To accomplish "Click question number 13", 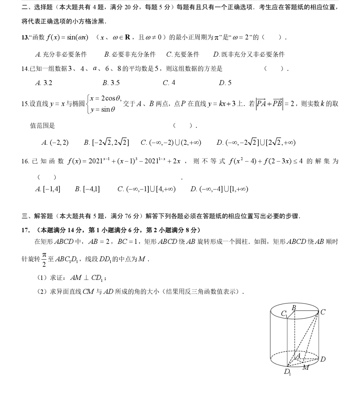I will click(25, 37).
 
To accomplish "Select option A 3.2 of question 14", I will click(44, 83).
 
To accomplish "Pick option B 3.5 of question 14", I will click(111, 83).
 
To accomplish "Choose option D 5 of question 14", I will click(225, 83).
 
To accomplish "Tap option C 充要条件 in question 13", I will click(183, 54).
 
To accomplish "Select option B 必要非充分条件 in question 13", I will click(130, 54).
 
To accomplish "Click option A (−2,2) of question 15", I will click(55, 143).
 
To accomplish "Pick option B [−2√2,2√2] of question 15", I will click(106, 143).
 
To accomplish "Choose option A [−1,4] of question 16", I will click(48, 189).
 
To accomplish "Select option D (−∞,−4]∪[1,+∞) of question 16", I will click(219, 189).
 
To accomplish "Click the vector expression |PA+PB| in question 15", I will click(269, 103).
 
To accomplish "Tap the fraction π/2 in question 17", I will click(44, 259).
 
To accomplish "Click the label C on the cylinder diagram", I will click(323, 312).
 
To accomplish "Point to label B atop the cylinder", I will click(294, 308).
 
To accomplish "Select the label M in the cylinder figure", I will click(305, 368).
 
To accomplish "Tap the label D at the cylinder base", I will click(323, 359).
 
